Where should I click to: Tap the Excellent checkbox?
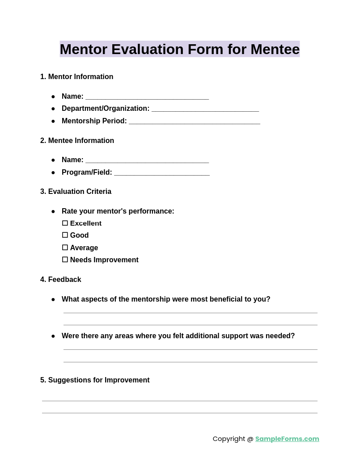tap(65, 223)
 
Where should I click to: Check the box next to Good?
tap(65, 235)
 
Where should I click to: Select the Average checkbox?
tap(65, 248)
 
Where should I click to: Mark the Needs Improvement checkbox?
tap(65, 260)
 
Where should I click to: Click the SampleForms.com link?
tap(287, 439)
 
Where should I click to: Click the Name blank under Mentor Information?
tap(147, 97)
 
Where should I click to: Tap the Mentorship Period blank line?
tap(194, 121)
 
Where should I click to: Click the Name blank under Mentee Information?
tap(147, 160)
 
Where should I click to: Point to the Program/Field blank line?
tap(161, 172)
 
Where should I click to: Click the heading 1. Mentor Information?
tap(76, 77)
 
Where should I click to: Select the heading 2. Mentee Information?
tap(77, 141)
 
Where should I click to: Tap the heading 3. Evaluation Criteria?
tap(76, 192)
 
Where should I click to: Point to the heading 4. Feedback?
tap(61, 280)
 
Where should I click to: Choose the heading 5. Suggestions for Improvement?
tap(95, 380)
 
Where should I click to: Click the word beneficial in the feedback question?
tap(220, 299)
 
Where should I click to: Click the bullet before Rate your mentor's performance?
tap(53, 211)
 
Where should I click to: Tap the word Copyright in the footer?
tap(229, 439)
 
